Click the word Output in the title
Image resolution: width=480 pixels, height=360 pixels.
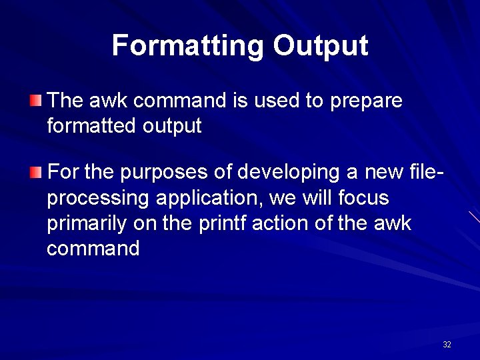[320, 46]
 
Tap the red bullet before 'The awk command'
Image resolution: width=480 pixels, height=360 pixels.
[35, 101]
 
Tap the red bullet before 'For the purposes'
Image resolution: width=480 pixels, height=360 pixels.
[35, 173]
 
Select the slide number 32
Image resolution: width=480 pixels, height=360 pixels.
[447, 345]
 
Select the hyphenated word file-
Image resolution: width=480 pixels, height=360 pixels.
[425, 173]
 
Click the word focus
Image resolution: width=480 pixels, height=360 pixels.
[363, 198]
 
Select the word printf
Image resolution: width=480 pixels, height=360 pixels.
[221, 223]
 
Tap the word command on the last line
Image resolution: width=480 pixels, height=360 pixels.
[93, 249]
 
